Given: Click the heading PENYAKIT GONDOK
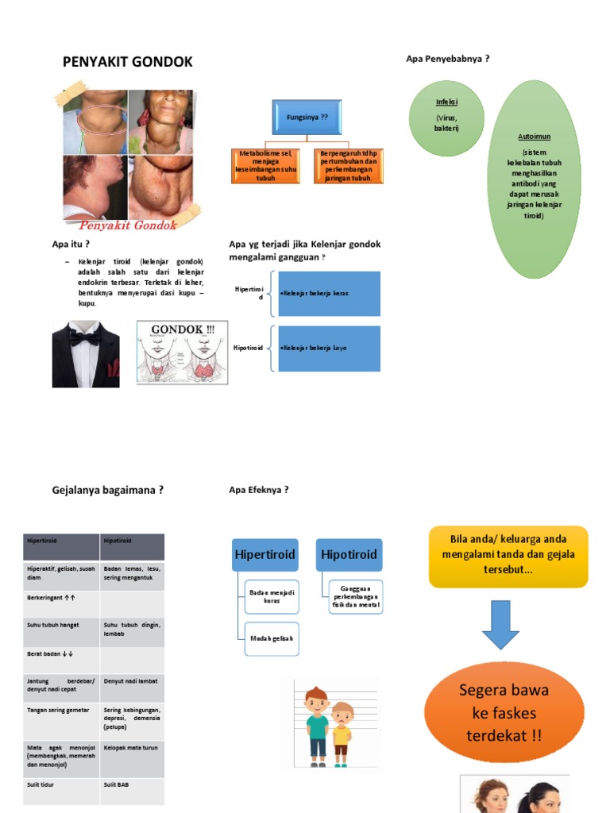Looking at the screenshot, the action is (x=128, y=63).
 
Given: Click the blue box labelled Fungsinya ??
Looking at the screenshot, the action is (x=306, y=117).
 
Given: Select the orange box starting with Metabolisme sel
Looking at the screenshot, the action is (x=266, y=166).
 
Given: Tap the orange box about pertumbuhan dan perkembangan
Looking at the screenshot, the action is (x=349, y=166).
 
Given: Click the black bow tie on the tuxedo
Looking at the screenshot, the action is (x=86, y=338).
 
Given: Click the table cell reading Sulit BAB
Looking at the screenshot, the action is (x=132, y=791).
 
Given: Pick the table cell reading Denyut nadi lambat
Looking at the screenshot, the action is (x=132, y=683).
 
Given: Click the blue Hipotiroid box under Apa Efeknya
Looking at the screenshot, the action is (x=349, y=554).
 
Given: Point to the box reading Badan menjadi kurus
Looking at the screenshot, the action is (x=272, y=596).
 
